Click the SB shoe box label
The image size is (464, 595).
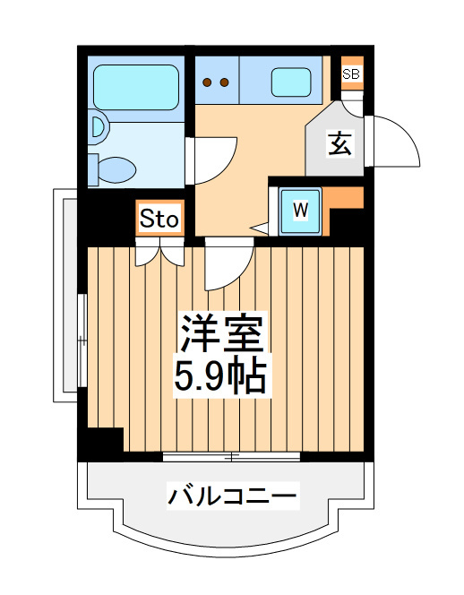pos(351,73)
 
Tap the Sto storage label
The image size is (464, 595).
pos(159,220)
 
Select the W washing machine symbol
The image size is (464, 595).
pos(300,211)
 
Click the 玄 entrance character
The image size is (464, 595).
pos(340,143)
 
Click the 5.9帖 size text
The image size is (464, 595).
pos(221,375)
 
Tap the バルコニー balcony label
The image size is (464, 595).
pos(232,496)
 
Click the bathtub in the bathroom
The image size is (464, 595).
pos(136,87)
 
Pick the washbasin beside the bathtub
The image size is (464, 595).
pos(99,127)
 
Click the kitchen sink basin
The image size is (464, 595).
pos(291,82)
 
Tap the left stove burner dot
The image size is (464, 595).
pos(207,82)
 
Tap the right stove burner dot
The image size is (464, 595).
pos(224,82)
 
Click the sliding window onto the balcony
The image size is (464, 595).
pos(231,456)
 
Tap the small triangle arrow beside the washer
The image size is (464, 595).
pos(261,229)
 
